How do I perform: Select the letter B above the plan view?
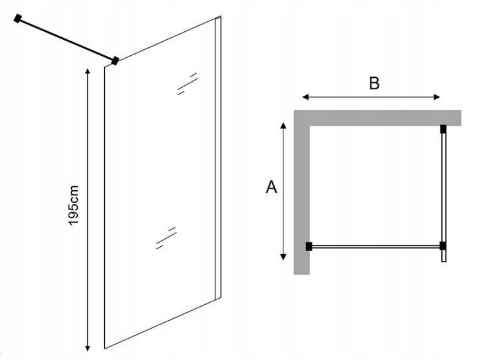pyautogui.click(x=374, y=83)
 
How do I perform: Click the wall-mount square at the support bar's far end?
pyautogui.click(x=18, y=19)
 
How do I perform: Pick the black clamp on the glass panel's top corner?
pyautogui.click(x=116, y=61)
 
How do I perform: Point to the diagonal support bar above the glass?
pyautogui.click(x=67, y=39)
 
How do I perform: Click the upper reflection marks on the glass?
pyautogui.click(x=187, y=83)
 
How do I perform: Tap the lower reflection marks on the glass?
pyautogui.click(x=166, y=238)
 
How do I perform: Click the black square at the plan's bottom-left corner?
pyautogui.click(x=309, y=246)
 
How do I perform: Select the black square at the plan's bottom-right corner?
pyautogui.click(x=443, y=246)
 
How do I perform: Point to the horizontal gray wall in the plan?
pyautogui.click(x=379, y=117)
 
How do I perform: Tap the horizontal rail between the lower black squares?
pyautogui.click(x=376, y=246)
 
